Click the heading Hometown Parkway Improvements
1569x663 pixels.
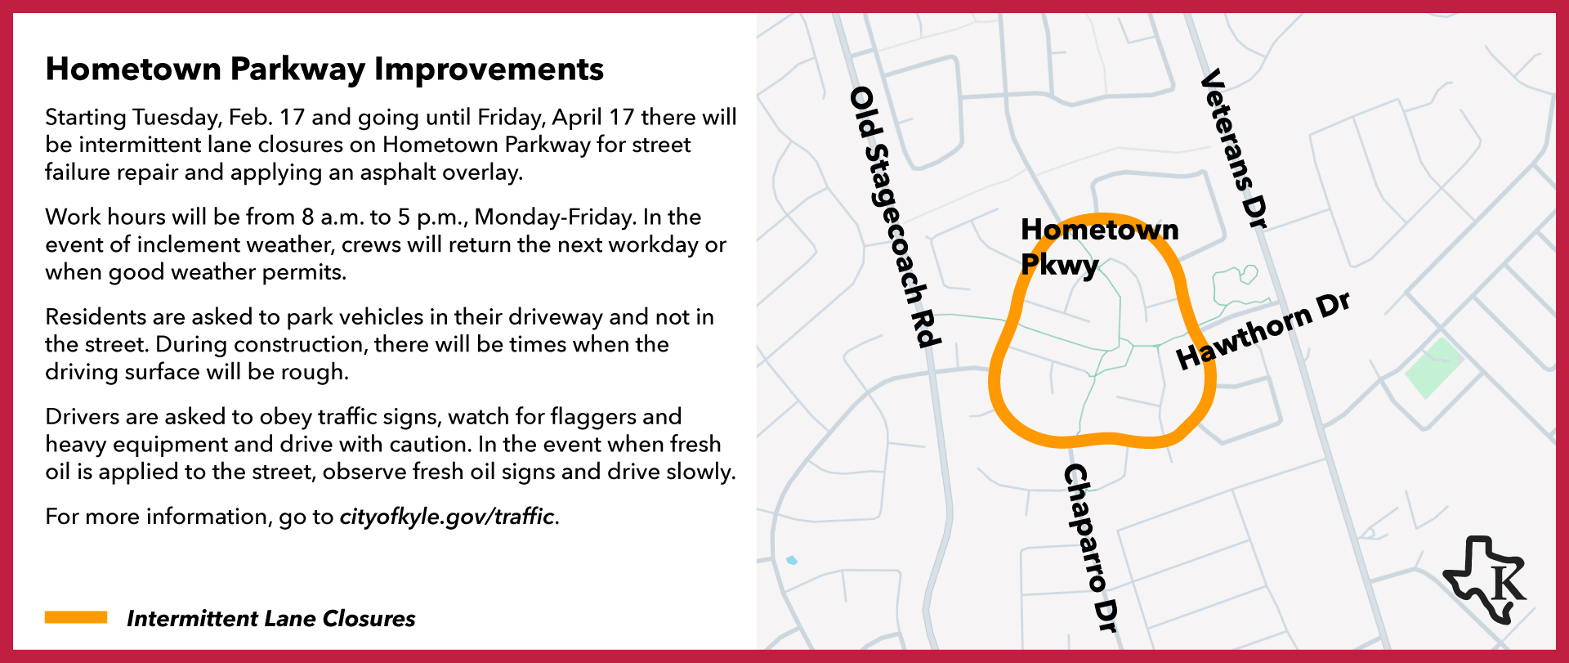(x=324, y=69)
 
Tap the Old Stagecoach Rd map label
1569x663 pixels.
(x=896, y=217)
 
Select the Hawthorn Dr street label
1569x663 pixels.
(x=1263, y=330)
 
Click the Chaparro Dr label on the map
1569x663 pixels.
(x=1090, y=548)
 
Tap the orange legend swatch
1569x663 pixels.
(x=76, y=618)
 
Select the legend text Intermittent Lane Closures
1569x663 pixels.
(x=270, y=619)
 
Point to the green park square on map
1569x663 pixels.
(x=1433, y=368)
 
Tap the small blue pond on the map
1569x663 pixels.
(x=791, y=560)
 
